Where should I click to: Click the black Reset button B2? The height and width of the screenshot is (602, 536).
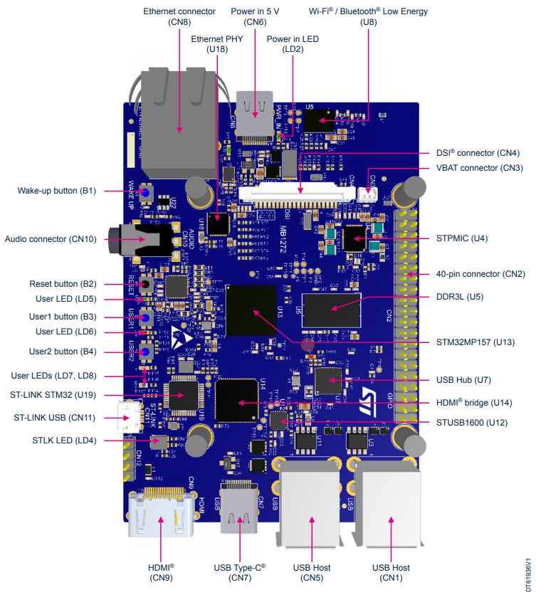click(x=144, y=285)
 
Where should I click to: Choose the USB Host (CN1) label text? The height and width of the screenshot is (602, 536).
click(x=391, y=572)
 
